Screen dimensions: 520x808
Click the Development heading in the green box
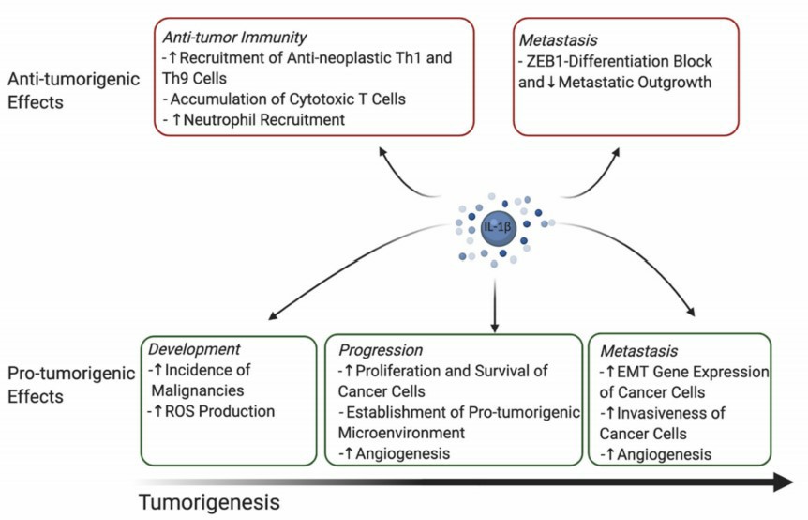pos(194,349)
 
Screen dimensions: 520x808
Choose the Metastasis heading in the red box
pos(556,40)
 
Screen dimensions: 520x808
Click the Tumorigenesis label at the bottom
pos(209,502)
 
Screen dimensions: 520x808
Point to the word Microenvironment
pos(400,434)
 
